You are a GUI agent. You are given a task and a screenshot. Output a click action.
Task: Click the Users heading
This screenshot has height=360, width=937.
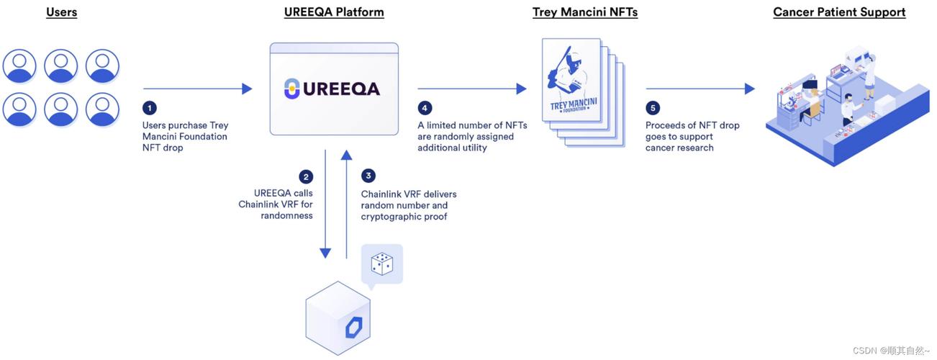click(x=61, y=12)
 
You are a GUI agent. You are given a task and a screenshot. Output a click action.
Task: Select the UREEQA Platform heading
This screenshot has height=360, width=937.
click(x=334, y=12)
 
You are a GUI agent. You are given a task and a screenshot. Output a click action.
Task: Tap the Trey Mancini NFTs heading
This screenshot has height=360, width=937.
click(x=584, y=12)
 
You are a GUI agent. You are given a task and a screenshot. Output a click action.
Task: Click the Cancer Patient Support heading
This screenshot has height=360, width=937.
click(x=839, y=12)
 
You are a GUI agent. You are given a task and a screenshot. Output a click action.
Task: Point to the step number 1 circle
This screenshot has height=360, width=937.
click(x=149, y=108)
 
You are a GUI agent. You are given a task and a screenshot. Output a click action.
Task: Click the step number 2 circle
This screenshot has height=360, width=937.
click(x=307, y=176)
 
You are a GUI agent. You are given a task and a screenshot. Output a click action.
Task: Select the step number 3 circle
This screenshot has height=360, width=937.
click(x=368, y=176)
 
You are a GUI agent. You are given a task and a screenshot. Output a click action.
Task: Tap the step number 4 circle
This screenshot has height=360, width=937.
click(x=425, y=108)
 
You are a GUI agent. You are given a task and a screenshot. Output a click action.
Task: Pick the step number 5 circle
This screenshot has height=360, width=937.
click(x=653, y=108)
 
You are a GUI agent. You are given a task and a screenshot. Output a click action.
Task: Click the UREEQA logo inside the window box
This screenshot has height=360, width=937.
click(x=332, y=89)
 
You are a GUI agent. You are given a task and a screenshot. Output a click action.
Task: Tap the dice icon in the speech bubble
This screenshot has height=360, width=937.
click(x=381, y=264)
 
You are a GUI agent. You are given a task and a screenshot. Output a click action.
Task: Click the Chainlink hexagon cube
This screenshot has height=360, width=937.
click(x=338, y=318)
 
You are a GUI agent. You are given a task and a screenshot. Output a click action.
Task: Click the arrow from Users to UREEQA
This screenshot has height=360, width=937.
click(x=197, y=89)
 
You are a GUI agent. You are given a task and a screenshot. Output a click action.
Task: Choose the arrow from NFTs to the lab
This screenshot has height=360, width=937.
click(x=700, y=89)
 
